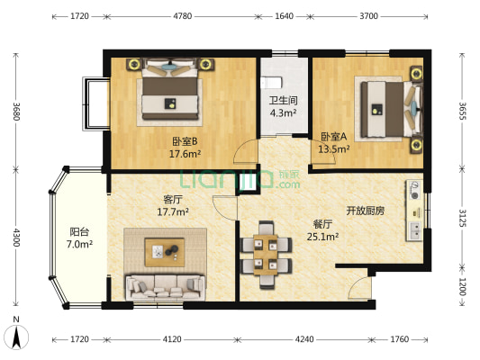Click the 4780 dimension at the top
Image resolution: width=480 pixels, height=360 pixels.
point(183,16)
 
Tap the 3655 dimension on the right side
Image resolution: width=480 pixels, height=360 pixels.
point(463,111)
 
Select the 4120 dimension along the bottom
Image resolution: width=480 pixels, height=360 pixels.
point(172,339)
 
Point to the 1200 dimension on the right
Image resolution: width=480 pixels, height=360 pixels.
point(463,287)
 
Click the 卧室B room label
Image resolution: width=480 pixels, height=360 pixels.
point(185,141)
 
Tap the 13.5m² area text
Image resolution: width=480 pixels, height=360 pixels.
point(334,149)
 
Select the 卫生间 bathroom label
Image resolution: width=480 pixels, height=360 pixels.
point(283,101)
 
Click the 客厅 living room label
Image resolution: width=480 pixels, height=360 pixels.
point(173,200)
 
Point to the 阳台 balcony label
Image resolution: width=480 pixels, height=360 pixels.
point(79,232)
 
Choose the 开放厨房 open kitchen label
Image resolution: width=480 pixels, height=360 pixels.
point(366,211)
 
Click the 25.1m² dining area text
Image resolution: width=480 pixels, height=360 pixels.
point(322,237)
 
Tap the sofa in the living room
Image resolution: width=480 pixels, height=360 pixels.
point(165,287)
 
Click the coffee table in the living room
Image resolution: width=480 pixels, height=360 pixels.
point(165,252)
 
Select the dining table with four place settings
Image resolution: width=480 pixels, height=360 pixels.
point(266,255)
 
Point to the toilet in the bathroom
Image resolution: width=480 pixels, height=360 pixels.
point(270,83)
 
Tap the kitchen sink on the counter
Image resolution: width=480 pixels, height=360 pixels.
point(415,231)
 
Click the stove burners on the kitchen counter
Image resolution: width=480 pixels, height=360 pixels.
point(414,190)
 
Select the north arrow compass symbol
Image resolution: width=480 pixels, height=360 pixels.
point(16,337)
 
